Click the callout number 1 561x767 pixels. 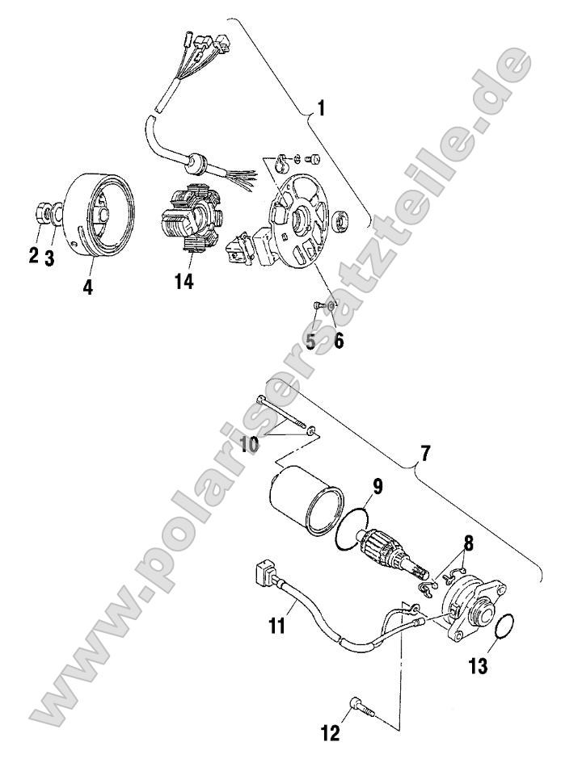coord(322,108)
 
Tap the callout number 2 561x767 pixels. coord(34,256)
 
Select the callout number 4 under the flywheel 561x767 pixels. coord(86,286)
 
